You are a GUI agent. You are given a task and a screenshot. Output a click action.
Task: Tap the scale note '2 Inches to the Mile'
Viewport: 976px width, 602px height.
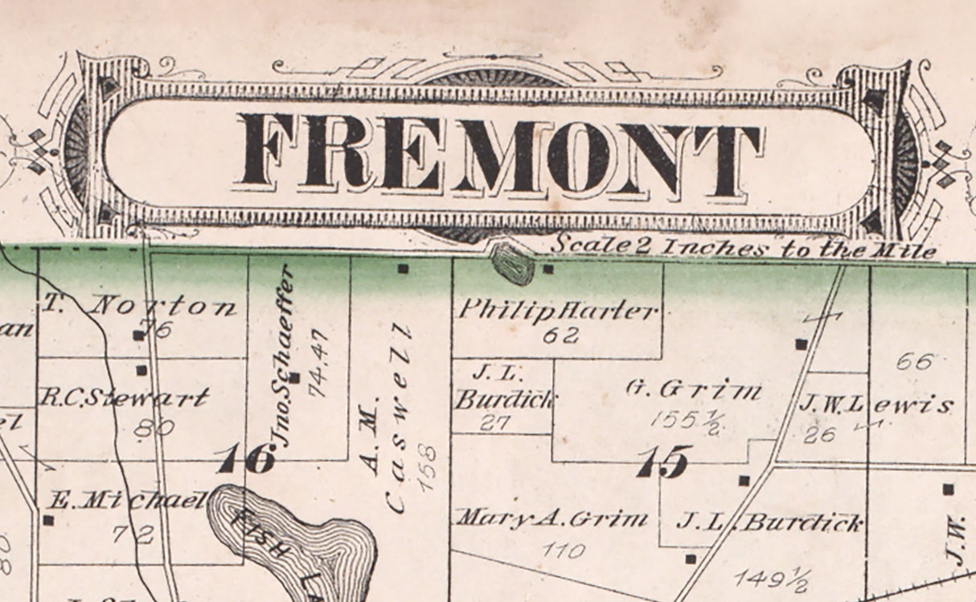tap(744, 247)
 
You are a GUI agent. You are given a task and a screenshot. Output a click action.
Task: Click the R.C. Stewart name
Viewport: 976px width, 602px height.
tap(124, 398)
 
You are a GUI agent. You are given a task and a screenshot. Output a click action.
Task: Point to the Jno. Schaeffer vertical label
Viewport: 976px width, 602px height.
tap(281, 355)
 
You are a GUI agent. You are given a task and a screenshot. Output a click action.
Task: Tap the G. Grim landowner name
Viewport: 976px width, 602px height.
tap(693, 390)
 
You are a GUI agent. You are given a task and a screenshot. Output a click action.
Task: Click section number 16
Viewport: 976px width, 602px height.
tap(246, 460)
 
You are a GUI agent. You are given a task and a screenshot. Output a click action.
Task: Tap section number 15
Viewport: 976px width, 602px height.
tap(662, 462)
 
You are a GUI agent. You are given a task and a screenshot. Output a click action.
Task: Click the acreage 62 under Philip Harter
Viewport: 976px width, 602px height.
tap(560, 336)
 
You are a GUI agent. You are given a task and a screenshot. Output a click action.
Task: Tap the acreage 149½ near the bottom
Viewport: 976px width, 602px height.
tap(773, 578)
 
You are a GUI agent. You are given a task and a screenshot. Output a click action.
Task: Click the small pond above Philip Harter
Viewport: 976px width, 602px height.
tap(512, 263)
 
